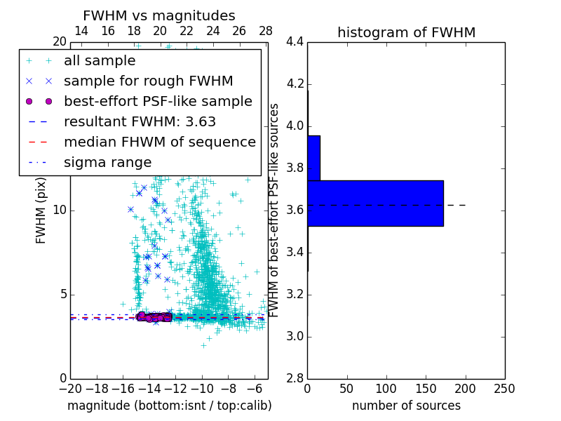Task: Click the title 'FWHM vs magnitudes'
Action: pos(158,15)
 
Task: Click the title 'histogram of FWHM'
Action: pos(406,32)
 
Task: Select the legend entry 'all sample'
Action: pos(100,61)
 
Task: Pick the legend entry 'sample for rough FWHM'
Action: pos(148,81)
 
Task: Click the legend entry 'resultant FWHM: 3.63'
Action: pos(140,121)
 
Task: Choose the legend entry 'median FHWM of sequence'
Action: pos(159,142)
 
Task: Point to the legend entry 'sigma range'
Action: pos(107,162)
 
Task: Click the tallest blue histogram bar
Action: pos(375,203)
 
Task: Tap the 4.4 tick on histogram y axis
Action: pos(295,42)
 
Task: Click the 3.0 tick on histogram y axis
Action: pos(295,336)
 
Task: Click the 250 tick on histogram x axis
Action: pos(505,388)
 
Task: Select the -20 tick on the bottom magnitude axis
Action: pos(70,388)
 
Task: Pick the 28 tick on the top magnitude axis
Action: pos(266,31)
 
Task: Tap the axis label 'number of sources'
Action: pos(406,406)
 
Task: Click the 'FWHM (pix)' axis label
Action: pos(41,210)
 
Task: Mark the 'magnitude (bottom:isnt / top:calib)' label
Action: pos(169,406)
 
